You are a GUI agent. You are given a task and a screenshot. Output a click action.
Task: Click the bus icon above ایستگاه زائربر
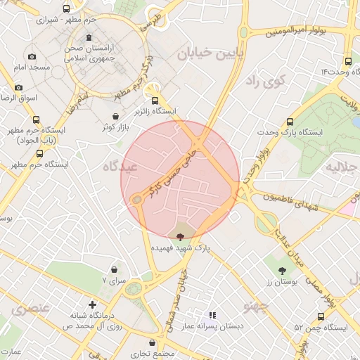155,100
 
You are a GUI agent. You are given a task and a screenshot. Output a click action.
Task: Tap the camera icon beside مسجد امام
32,56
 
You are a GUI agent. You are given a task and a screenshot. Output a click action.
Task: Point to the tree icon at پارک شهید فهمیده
180,237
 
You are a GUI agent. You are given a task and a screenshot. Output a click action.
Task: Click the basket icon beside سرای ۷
114,269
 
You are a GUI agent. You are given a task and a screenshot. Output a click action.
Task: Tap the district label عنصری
29,307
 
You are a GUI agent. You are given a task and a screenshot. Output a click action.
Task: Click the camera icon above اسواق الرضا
18,88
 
